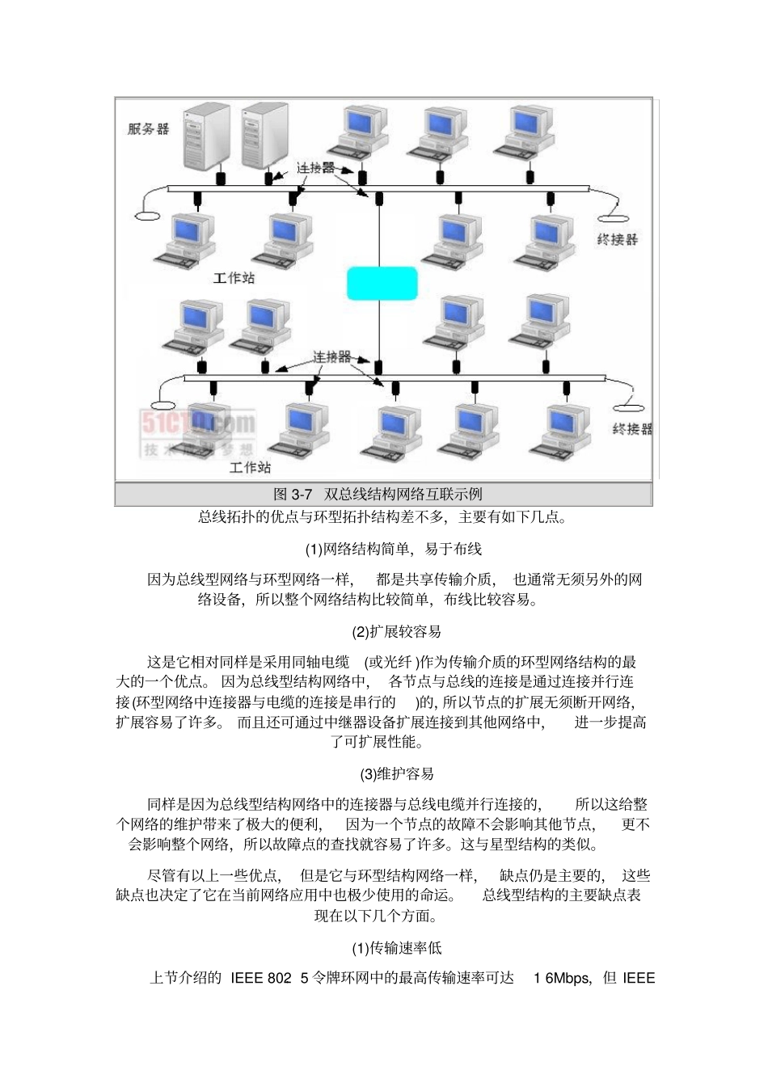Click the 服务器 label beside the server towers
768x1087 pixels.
coord(148,129)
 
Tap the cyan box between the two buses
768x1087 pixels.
coord(382,283)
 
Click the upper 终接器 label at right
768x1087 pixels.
coord(617,239)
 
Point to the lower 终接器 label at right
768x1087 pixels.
coord(631,428)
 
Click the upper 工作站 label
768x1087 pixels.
coord(234,277)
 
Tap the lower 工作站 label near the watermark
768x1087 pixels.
coord(250,467)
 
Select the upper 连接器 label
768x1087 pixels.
coord(315,167)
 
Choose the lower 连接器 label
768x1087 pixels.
coord(331,356)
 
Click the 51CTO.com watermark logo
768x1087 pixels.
coord(198,423)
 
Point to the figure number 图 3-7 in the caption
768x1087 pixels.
coord(293,494)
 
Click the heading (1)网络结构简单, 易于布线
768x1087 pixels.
coord(393,550)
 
